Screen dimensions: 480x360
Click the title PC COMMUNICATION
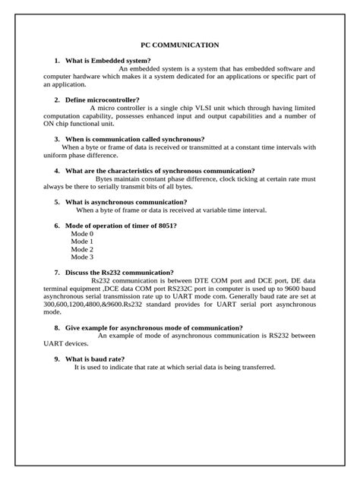coord(180,46)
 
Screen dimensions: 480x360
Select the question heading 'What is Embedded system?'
coord(108,60)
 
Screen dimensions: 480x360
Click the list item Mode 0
coord(82,235)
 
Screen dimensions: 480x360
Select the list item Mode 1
coord(82,242)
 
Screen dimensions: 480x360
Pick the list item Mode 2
coord(82,250)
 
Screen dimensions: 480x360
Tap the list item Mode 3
coord(82,257)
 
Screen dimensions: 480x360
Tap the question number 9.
coord(56,358)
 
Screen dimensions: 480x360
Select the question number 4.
coord(56,171)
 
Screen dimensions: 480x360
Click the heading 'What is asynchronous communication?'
coord(126,202)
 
